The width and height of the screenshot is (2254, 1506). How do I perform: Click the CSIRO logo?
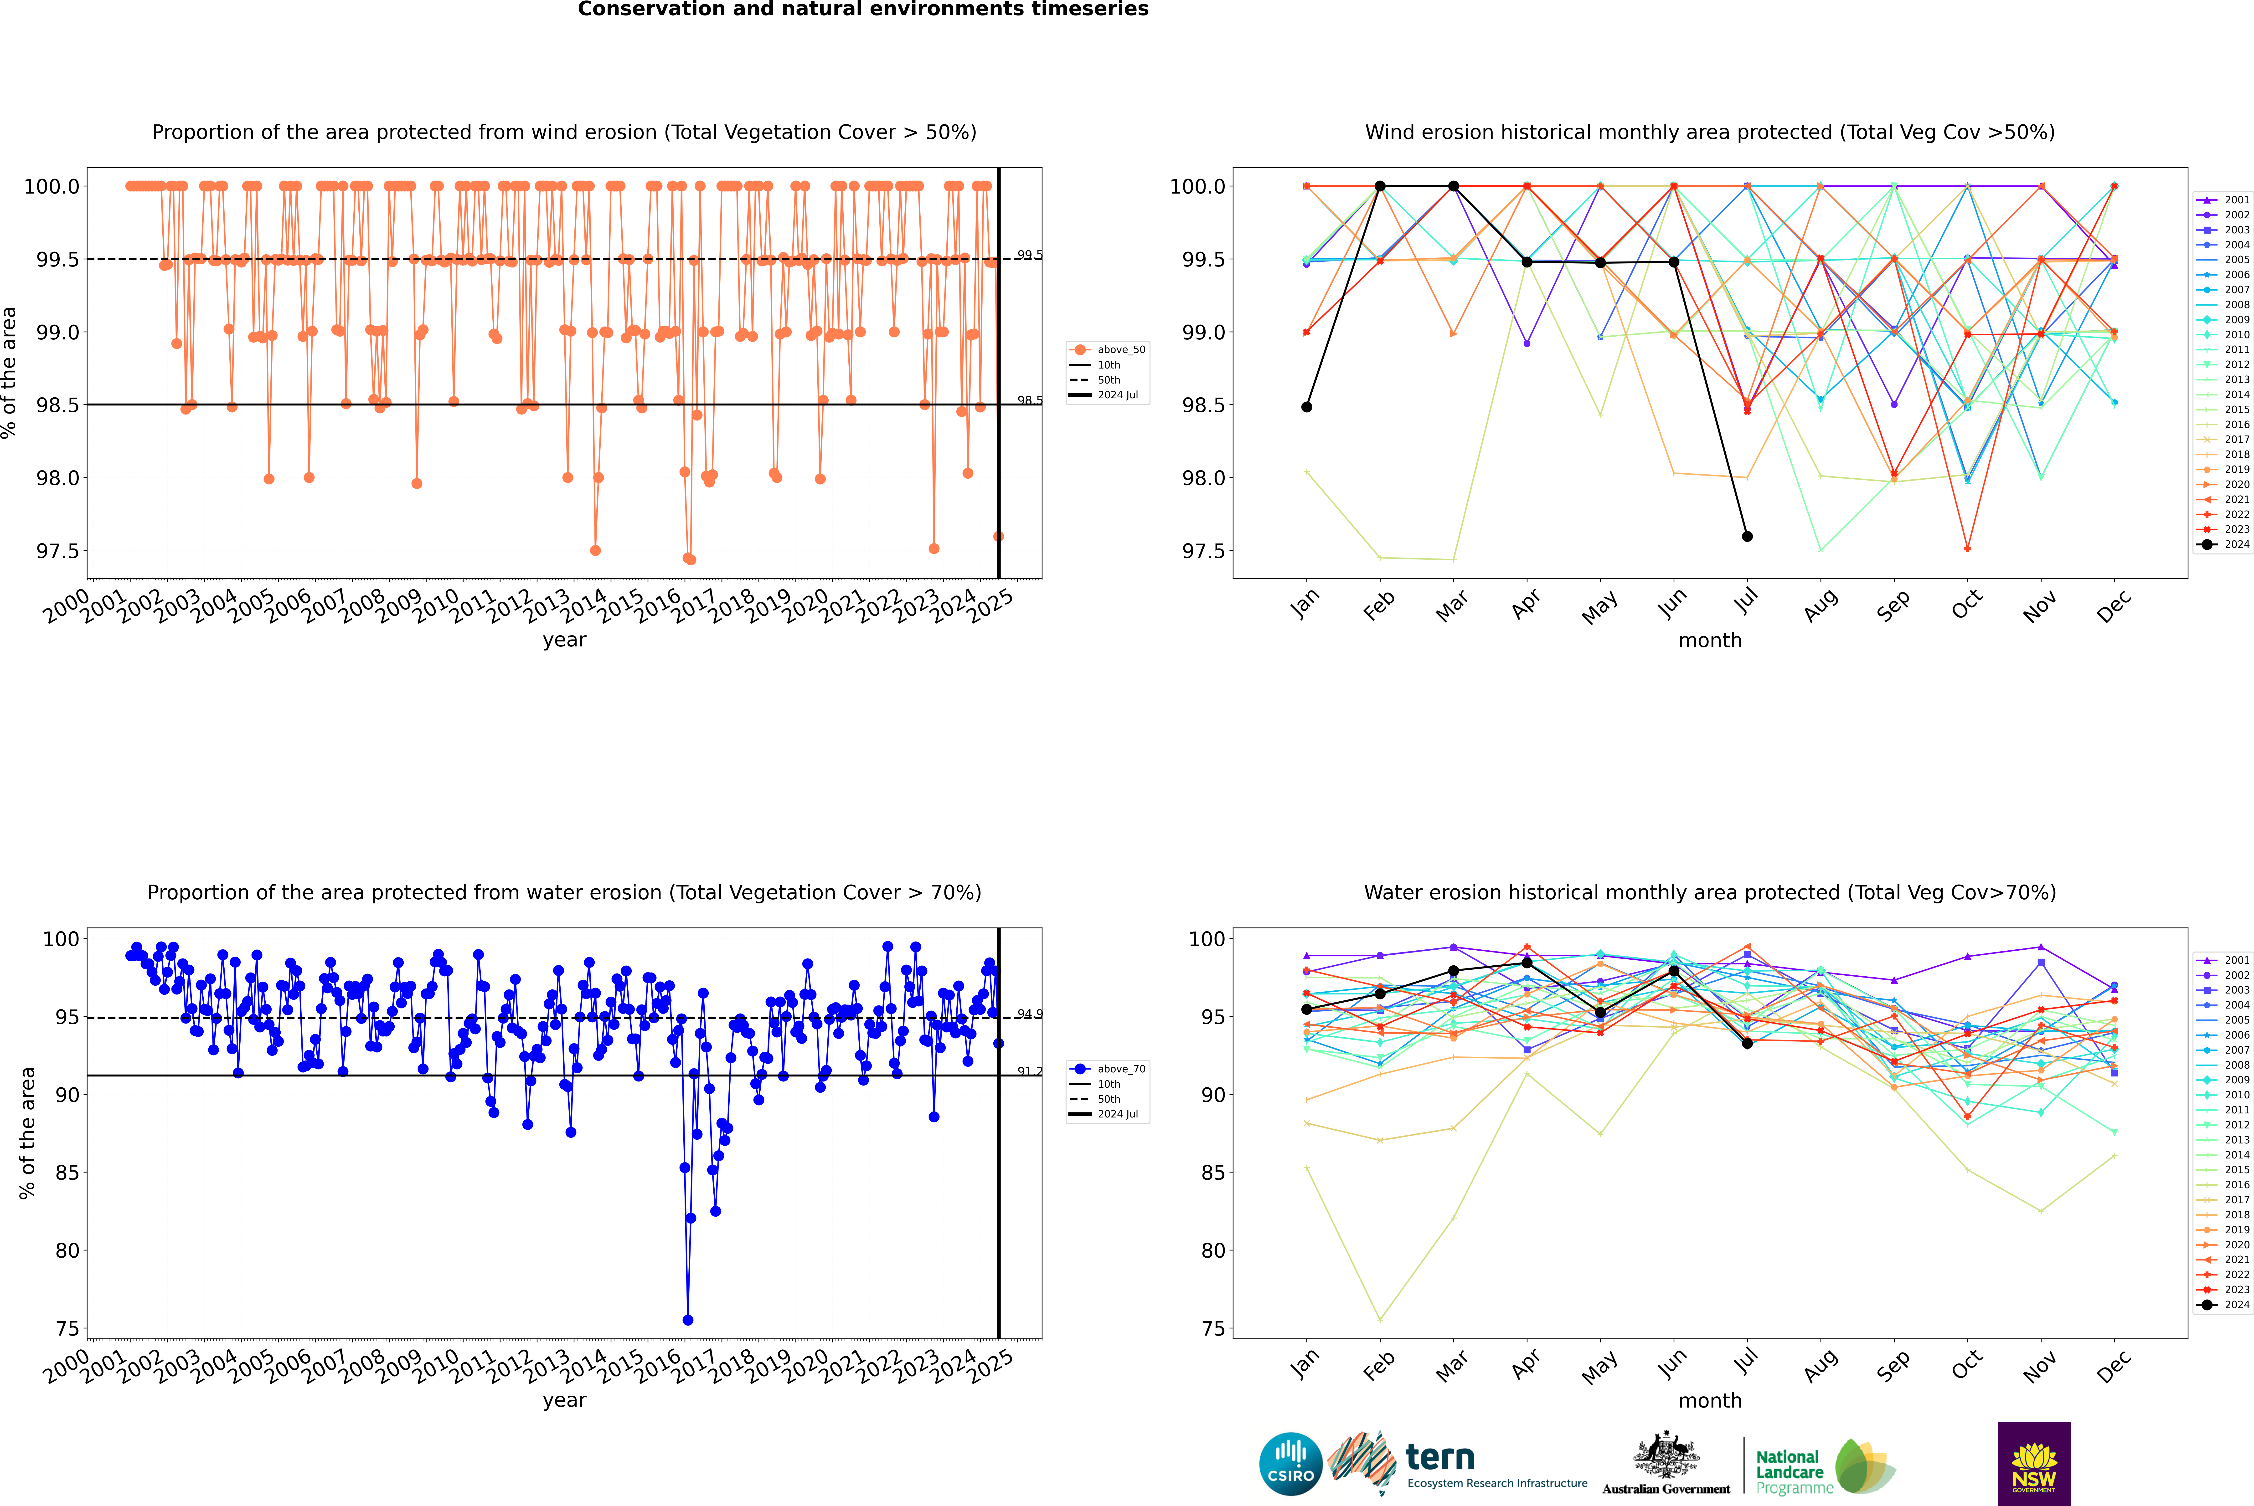pyautogui.click(x=1290, y=1464)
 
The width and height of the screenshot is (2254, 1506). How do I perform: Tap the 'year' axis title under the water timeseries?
pyautogui.click(x=564, y=1400)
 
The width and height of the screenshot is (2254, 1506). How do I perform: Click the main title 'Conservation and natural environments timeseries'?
pyautogui.click(x=863, y=10)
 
